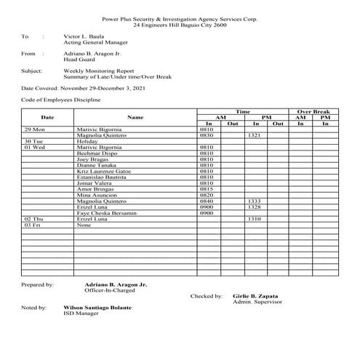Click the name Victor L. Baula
click(x=84, y=35)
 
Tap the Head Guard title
click(x=79, y=60)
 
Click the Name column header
click(x=135, y=116)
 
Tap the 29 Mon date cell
click(x=33, y=129)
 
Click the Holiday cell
click(x=87, y=140)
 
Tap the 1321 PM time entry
click(x=254, y=135)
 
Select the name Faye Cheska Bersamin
click(x=101, y=213)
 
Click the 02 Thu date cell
click(x=33, y=219)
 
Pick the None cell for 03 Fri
click(x=83, y=225)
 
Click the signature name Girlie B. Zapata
click(x=257, y=296)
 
